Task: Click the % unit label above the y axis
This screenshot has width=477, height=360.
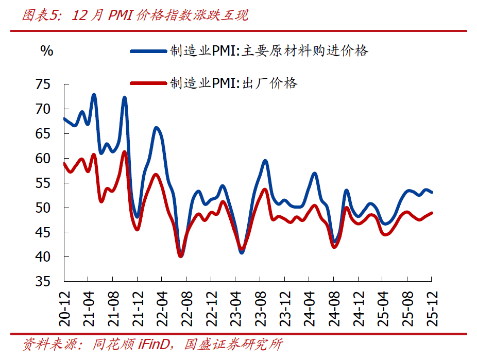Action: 46,50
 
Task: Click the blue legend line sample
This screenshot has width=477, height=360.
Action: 149,51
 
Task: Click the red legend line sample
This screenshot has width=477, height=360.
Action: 149,83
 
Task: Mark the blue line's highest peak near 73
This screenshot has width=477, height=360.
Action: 94,95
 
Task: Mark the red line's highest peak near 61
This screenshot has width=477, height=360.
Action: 124,151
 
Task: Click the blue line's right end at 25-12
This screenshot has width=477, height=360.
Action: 432,192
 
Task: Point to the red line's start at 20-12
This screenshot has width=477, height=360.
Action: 64,163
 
